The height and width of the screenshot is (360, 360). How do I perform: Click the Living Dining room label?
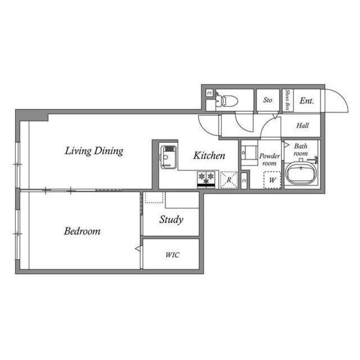(94, 151)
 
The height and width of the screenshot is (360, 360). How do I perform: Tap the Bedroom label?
(82, 231)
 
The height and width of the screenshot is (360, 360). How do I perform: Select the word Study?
(171, 220)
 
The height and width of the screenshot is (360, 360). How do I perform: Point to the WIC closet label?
(172, 255)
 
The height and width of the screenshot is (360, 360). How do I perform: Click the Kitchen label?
(209, 155)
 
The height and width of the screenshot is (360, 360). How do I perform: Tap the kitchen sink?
(168, 157)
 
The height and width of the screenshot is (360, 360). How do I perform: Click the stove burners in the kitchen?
(206, 179)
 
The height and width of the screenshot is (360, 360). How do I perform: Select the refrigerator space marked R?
(229, 180)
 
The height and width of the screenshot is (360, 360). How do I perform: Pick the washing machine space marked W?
(272, 180)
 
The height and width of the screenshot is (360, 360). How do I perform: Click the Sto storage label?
(268, 100)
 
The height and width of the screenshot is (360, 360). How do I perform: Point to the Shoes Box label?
(287, 100)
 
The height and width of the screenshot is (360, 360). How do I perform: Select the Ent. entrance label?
(307, 101)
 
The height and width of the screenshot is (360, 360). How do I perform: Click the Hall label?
(303, 125)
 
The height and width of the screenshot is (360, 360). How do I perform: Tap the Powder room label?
(269, 160)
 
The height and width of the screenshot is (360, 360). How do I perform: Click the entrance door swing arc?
(342, 96)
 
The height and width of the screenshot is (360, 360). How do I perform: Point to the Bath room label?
(300, 150)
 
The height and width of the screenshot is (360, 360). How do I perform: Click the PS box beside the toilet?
(209, 93)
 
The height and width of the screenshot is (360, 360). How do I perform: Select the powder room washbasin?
(249, 153)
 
